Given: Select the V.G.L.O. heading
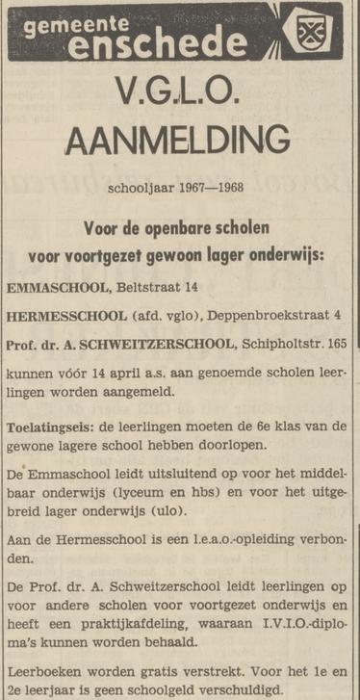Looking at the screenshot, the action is click(177, 92).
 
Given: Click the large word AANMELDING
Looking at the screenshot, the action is click(177, 141).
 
